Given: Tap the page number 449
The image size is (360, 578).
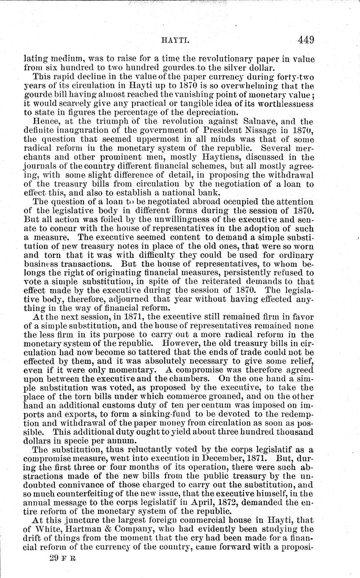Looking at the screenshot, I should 306,40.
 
